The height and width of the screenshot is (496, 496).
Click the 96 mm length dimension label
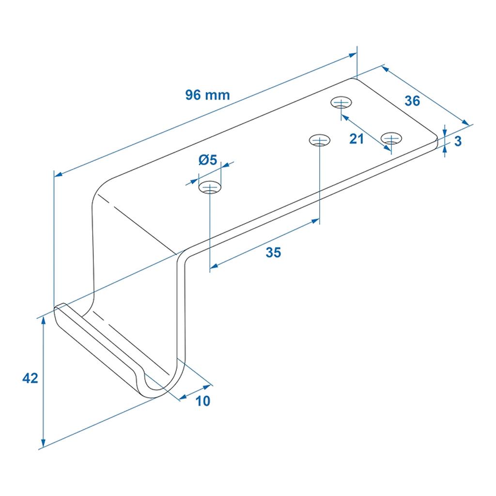tap(207, 95)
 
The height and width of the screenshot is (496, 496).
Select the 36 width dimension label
tap(412, 101)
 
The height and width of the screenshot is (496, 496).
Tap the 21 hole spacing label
tap(356, 139)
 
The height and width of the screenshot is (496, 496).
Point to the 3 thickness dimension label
tap(458, 141)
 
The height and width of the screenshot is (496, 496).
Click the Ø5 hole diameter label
tap(208, 160)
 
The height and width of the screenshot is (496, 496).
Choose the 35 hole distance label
tap(273, 253)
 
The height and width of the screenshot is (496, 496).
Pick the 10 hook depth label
tap(203, 401)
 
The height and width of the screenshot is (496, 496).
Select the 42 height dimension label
tap(30, 378)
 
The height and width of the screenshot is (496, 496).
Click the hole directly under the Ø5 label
tap(210, 187)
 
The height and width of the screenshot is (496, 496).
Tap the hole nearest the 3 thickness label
tap(391, 138)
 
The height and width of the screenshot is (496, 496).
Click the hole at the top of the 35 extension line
tap(320, 140)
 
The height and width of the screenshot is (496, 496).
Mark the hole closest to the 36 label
tap(341, 103)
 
